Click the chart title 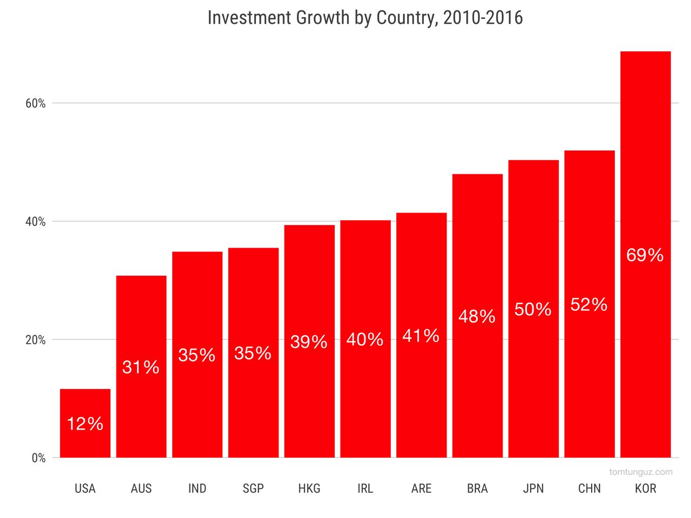point(365,18)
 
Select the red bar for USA point(85,405)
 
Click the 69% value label point(645,255)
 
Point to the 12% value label point(85,424)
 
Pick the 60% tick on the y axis point(36,103)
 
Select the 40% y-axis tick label point(36,222)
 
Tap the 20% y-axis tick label point(36,340)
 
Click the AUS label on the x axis point(141,489)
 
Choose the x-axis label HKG point(309,489)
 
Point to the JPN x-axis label point(533,489)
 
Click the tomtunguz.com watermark point(641,472)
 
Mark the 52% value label point(589,305)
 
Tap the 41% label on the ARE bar point(421,336)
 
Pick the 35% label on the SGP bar point(253,353)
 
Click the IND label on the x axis point(197,489)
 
